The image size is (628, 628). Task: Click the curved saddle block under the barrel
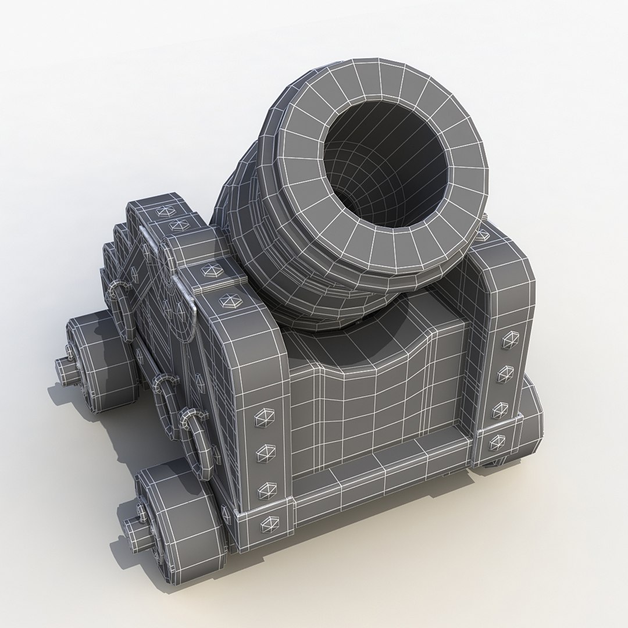[x=372, y=390]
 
